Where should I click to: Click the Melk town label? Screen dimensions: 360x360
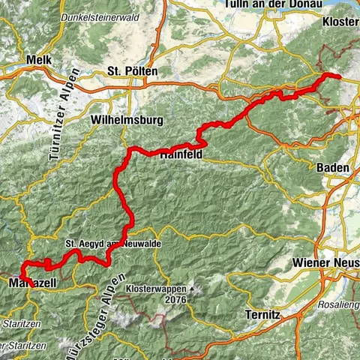click(36, 59)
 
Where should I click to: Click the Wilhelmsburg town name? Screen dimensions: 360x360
click(124, 119)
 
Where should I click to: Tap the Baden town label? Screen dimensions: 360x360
click(334, 168)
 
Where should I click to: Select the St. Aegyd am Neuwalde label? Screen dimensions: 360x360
click(112, 244)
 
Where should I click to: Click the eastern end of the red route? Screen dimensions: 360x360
click(338, 77)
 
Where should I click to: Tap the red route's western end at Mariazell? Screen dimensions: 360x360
click(28, 282)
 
